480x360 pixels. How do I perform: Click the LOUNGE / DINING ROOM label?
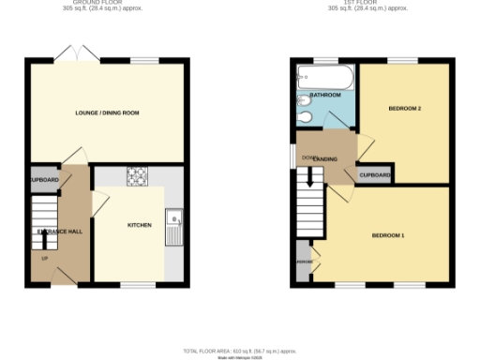(x=108, y=112)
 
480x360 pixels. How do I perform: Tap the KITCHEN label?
(x=140, y=226)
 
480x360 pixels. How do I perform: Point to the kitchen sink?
(x=172, y=229)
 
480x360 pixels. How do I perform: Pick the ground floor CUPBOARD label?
(x=43, y=179)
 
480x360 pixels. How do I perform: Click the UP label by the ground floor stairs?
(x=44, y=257)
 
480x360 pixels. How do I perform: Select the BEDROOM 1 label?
(x=388, y=234)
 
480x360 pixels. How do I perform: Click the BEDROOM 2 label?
(x=405, y=109)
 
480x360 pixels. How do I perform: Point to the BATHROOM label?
(x=324, y=96)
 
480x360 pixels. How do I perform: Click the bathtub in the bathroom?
(x=323, y=76)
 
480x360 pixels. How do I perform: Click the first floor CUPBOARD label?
(x=375, y=175)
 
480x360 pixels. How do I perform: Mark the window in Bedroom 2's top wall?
(x=403, y=61)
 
